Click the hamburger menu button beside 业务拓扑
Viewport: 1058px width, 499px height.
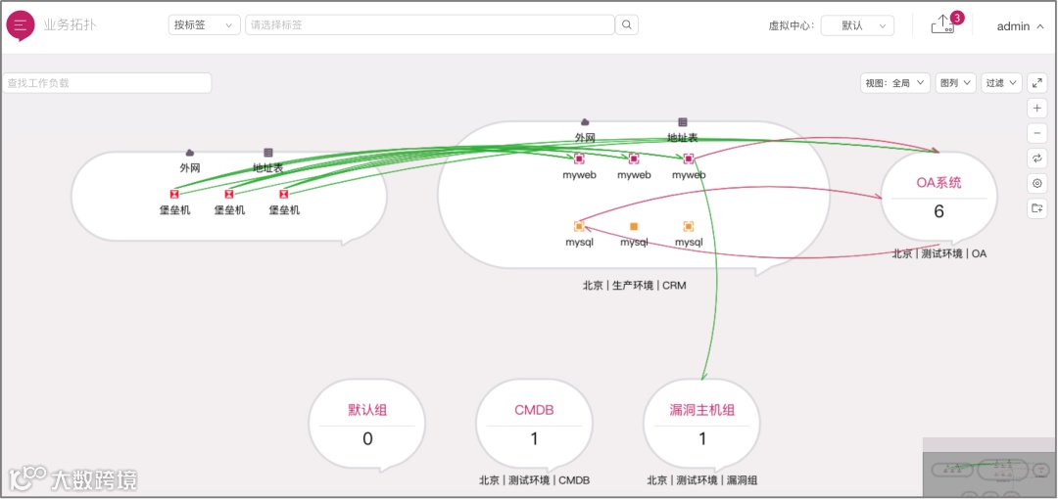pyautogui.click(x=21, y=25)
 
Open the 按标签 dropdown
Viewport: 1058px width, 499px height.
pyautogui.click(x=204, y=25)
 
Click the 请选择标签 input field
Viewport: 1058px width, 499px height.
pyautogui.click(x=429, y=25)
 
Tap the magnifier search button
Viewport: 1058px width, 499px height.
pyautogui.click(x=628, y=25)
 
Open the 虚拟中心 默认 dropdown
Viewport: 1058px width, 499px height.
pyautogui.click(x=857, y=26)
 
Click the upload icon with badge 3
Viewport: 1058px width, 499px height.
pyautogui.click(x=942, y=25)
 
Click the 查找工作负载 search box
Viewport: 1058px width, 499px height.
pyautogui.click(x=107, y=83)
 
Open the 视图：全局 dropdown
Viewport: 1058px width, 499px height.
pyautogui.click(x=895, y=83)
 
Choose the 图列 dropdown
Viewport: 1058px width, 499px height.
pyautogui.click(x=955, y=83)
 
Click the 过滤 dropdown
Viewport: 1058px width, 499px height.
pyautogui.click(x=1001, y=83)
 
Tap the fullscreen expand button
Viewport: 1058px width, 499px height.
pyautogui.click(x=1037, y=83)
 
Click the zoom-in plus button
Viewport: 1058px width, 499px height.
pyautogui.click(x=1037, y=109)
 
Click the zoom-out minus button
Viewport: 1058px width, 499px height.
pyautogui.click(x=1037, y=133)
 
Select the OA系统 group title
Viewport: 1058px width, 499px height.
pyautogui.click(x=938, y=182)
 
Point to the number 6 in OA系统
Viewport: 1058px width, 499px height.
pyautogui.click(x=938, y=211)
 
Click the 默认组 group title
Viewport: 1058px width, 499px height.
pyautogui.click(x=367, y=410)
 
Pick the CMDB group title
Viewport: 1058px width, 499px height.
pyautogui.click(x=534, y=410)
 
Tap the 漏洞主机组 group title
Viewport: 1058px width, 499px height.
pyautogui.click(x=701, y=410)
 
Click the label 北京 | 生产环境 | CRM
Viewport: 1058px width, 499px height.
pyautogui.click(x=634, y=286)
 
